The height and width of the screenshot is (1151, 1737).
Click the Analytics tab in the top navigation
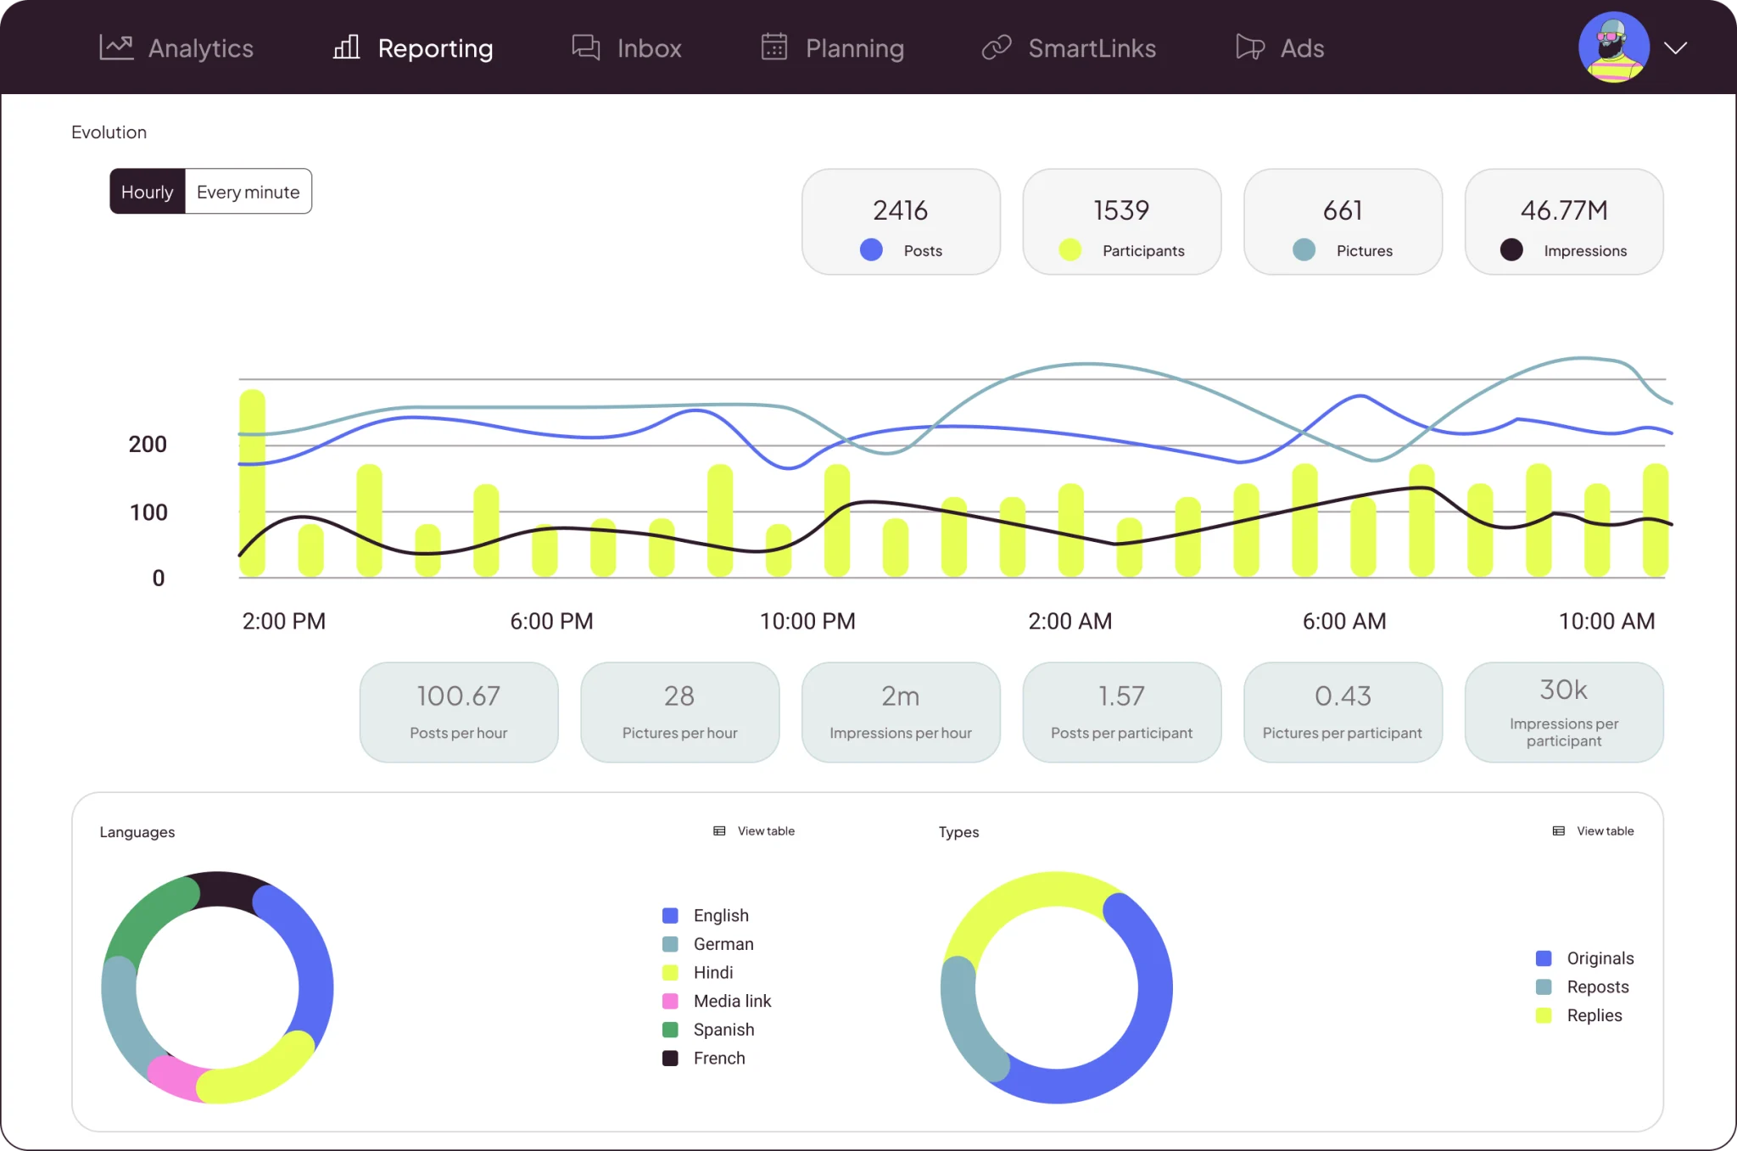[176, 47]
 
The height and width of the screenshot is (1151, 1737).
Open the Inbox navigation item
[627, 47]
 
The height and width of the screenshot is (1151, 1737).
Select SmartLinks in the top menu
[1069, 47]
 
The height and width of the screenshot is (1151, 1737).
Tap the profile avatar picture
[1613, 47]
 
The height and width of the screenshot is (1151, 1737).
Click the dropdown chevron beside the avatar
[1675, 47]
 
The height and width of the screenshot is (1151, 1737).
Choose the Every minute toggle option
[248, 192]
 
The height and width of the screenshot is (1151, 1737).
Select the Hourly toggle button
[148, 192]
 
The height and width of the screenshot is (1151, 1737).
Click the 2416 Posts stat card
[901, 221]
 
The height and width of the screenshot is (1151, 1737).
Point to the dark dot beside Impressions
[1511, 249]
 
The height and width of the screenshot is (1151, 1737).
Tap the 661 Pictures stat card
[1343, 221]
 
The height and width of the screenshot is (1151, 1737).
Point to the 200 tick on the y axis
[148, 444]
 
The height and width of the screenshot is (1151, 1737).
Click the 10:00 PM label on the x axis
[807, 622]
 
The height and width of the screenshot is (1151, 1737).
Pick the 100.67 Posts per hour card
[459, 712]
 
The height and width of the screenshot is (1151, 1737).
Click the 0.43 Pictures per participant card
[1343, 712]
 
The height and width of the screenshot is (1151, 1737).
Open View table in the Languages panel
[754, 831]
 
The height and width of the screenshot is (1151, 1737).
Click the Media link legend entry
[717, 1001]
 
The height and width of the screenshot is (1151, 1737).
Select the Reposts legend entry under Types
[1583, 986]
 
